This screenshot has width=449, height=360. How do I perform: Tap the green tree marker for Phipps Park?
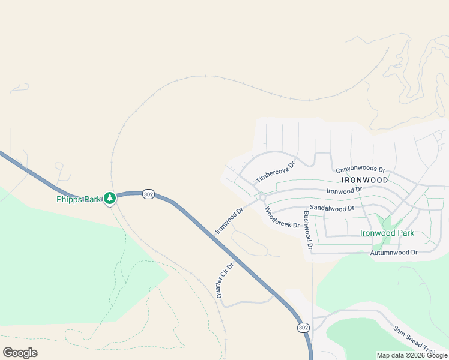coord(109,197)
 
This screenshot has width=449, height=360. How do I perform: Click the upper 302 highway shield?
coord(149,194)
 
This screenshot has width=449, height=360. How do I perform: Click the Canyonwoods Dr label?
coord(360,170)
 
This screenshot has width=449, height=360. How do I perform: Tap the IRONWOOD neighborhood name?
coord(364,179)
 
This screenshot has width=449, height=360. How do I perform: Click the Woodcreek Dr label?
coord(282,218)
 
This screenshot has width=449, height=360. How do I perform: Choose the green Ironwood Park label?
coord(387,233)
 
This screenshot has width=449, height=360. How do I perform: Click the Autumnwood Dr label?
coord(394,253)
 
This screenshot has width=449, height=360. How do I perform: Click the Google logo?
coord(20,352)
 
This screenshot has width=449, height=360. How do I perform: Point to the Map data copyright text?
coord(412,355)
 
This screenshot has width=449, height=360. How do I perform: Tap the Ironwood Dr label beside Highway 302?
coord(229,220)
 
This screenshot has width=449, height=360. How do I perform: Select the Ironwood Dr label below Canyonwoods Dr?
coord(344,190)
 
